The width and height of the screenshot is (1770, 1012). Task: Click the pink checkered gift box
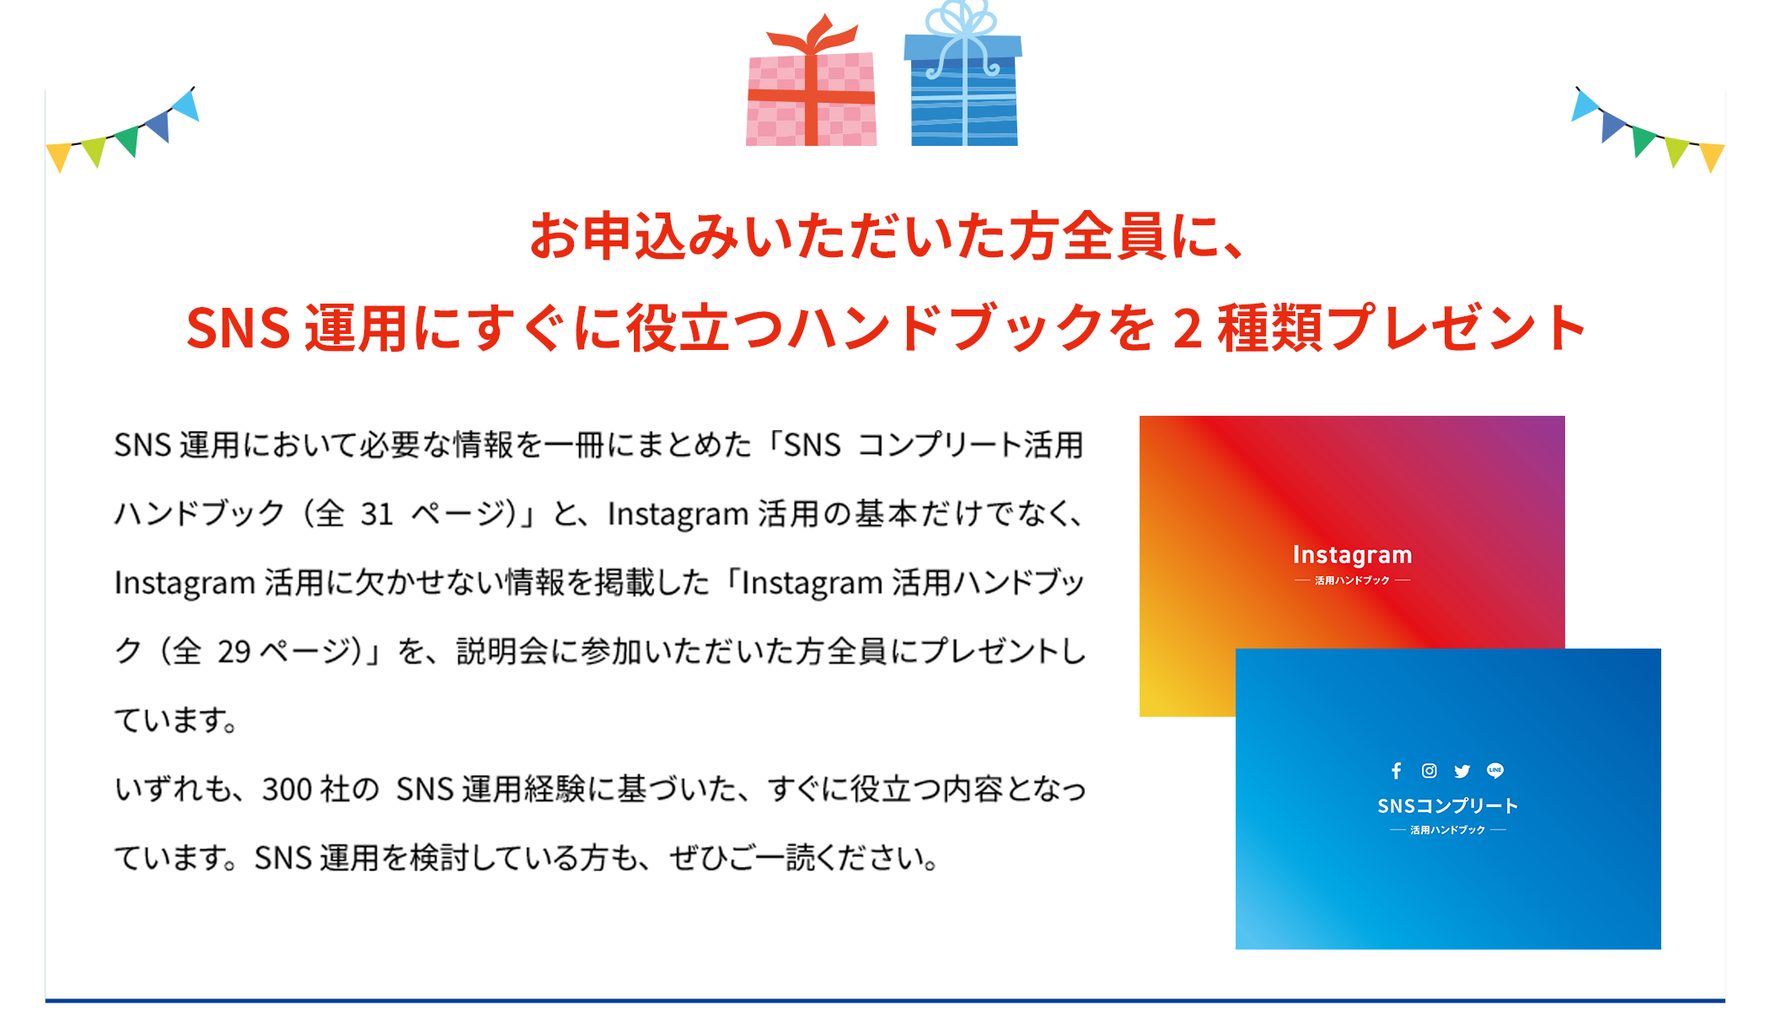[811, 100]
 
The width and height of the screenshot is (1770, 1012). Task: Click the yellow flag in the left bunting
[59, 156]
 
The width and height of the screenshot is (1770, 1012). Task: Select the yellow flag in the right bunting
[1712, 156]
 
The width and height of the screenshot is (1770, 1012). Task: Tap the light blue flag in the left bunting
[186, 106]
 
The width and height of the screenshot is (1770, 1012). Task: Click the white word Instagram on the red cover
[1352, 555]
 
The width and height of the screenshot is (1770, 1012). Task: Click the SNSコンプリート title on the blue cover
[1447, 806]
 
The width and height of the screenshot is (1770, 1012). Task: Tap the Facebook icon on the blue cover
[1397, 771]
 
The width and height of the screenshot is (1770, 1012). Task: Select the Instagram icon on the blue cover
[1429, 771]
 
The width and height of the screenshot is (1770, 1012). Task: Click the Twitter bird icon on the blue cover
[1462, 771]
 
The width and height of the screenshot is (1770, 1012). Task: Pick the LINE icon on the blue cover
[1495, 771]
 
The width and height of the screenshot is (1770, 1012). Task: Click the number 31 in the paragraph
[377, 514]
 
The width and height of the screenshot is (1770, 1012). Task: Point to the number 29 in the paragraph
[233, 651]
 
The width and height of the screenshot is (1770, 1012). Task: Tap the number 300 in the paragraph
[287, 789]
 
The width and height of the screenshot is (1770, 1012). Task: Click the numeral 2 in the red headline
[1187, 328]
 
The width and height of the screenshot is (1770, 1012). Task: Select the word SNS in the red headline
[239, 328]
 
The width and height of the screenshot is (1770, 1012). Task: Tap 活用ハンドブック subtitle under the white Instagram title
[1352, 580]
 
